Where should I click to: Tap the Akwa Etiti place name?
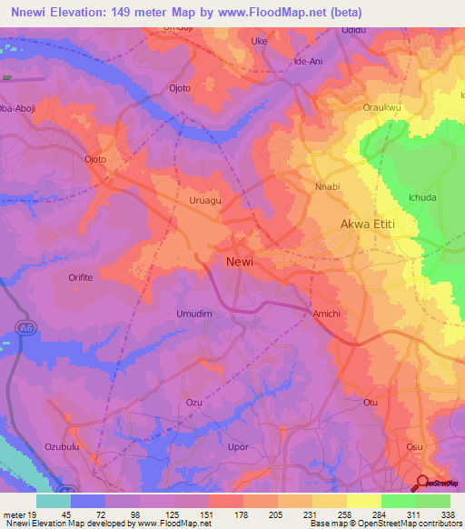point(371,223)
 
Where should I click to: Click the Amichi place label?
point(327,312)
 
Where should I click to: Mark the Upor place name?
point(238,447)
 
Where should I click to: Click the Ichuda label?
point(422,197)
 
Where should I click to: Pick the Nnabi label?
point(327,187)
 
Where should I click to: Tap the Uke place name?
point(260,42)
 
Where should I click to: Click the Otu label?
point(370,402)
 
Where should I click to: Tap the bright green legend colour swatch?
point(398,500)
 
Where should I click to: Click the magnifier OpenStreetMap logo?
point(424,483)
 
